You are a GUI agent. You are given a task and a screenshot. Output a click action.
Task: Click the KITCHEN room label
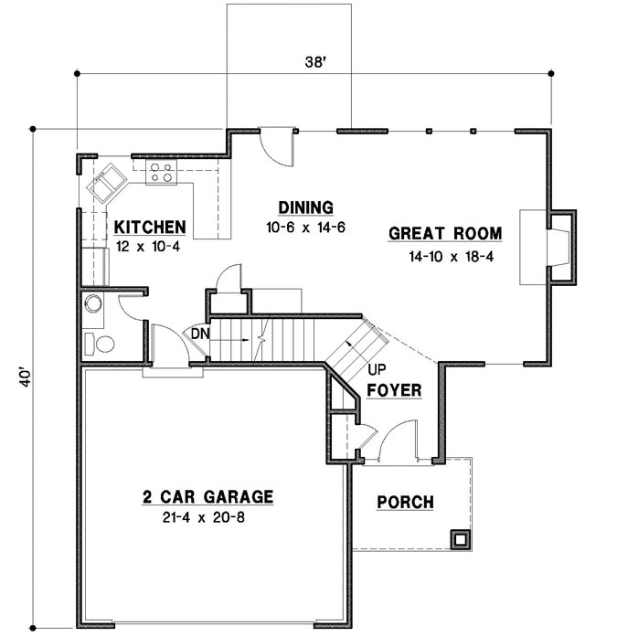click(150, 227)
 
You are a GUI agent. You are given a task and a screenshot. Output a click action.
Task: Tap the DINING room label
click(305, 207)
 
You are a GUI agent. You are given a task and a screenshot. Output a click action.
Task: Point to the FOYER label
click(394, 391)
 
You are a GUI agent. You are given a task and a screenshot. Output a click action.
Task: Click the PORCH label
click(405, 502)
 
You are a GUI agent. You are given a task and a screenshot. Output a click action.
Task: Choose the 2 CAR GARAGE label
click(207, 497)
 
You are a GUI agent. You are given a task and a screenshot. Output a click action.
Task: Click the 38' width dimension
click(315, 63)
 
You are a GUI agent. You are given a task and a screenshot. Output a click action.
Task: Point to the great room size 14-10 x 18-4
click(451, 257)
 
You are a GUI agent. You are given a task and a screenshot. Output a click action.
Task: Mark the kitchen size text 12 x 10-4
click(150, 247)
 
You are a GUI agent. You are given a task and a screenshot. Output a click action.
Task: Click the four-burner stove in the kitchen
click(162, 174)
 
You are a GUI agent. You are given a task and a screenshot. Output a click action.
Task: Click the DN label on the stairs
click(201, 334)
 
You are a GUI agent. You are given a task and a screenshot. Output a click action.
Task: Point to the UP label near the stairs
click(374, 371)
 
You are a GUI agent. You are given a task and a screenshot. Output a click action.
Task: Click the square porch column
click(461, 538)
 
